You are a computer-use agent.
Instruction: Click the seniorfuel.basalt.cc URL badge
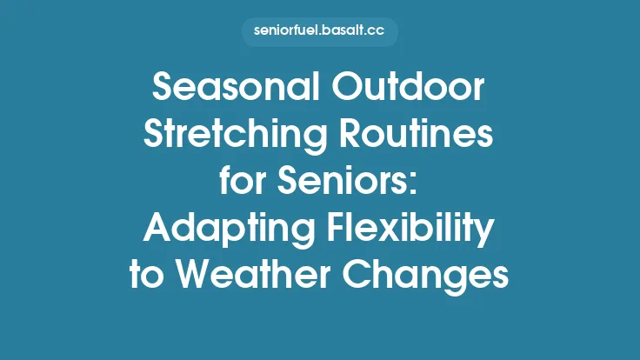319,31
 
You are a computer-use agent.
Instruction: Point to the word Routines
416,136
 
